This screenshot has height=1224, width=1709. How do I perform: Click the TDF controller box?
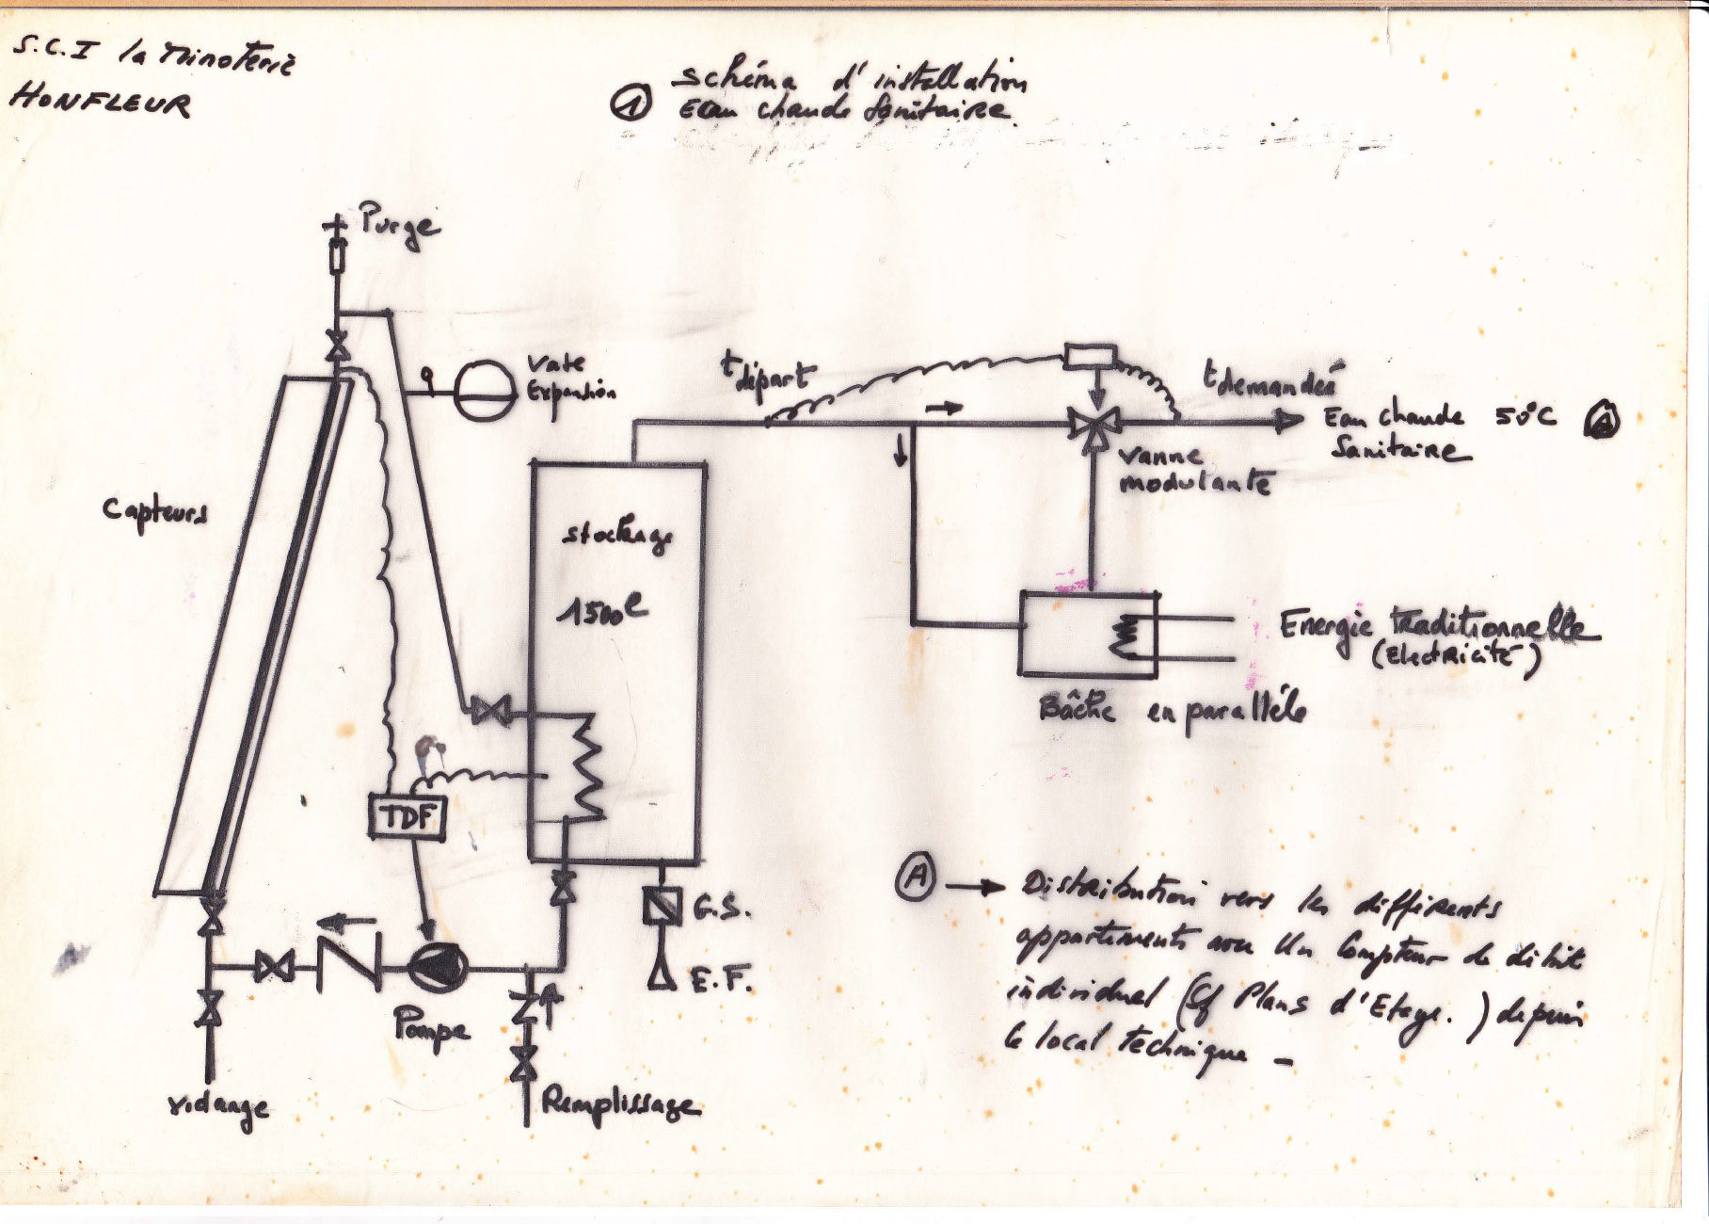point(406,816)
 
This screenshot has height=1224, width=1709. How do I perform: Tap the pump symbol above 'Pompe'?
point(438,967)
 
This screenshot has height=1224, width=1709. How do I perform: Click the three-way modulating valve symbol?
point(1093,426)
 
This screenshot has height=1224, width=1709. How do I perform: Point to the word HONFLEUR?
point(100,102)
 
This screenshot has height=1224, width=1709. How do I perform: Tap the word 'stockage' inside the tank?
point(617,537)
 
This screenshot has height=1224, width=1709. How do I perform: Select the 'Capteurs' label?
point(155,512)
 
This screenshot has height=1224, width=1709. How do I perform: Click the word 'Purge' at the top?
point(399,227)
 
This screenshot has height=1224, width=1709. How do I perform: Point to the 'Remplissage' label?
point(620,1103)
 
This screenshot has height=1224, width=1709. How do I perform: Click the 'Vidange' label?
point(218,1107)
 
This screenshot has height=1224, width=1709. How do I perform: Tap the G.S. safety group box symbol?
point(662,906)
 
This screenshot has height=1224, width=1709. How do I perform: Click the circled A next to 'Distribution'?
point(914,878)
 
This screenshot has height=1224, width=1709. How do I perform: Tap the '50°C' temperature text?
point(1525,415)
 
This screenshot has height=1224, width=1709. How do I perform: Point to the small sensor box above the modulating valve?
point(1090,357)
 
